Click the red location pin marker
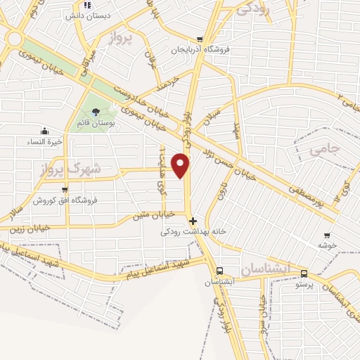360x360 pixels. tap(181, 165)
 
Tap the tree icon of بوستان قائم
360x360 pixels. tap(96, 112)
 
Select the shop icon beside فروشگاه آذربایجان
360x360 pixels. tap(200, 39)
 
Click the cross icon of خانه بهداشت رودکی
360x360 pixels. tap(193, 220)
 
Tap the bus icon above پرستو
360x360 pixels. tap(303, 274)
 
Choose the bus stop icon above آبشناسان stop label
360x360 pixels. tap(219, 271)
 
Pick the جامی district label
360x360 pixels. tap(324, 149)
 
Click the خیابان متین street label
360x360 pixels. tap(153, 214)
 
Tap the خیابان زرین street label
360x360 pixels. tap(30, 227)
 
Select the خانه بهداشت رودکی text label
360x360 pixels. tap(185, 231)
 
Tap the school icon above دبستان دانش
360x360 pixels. tap(86, 4)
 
